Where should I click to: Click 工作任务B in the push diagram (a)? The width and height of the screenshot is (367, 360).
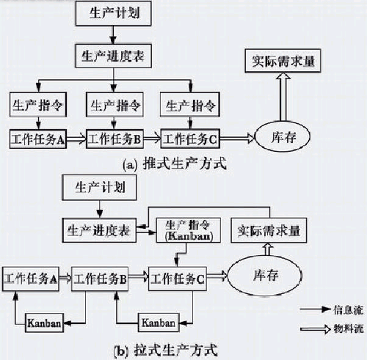(x=112, y=137)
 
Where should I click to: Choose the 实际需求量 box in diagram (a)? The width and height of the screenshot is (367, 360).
(x=283, y=61)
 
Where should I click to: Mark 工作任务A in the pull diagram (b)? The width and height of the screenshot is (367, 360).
(x=32, y=279)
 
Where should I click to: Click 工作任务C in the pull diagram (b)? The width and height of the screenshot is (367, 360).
(x=178, y=279)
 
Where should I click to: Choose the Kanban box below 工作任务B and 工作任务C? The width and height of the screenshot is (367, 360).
(x=157, y=322)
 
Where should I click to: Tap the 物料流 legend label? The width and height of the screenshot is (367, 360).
(x=341, y=329)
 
